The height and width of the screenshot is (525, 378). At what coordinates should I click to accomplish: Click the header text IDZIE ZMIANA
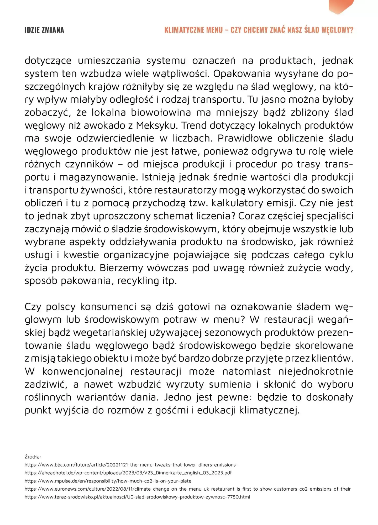44,30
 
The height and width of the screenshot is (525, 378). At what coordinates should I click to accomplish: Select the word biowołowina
161,113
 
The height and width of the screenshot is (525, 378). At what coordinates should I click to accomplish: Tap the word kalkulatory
238,203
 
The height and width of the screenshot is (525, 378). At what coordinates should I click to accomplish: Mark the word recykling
138,281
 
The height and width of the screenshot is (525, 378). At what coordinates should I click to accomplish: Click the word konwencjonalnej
82,371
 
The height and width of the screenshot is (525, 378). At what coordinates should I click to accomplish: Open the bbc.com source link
130,465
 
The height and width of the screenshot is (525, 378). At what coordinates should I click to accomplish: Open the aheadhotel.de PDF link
128,473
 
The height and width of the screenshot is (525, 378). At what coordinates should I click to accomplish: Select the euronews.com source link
187,489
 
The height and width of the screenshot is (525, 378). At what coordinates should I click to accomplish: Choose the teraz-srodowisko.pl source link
137,497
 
